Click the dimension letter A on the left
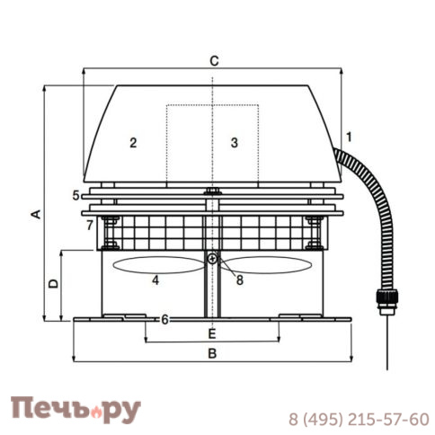point(35,213)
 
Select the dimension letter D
point(53,283)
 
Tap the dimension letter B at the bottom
point(212,353)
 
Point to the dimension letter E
point(212,333)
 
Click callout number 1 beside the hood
point(349,137)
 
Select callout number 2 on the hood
point(132,142)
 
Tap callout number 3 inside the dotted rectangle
point(234,142)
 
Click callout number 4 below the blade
point(155,280)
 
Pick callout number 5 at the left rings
point(75,194)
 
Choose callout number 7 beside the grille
point(89,225)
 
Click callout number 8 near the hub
point(240,280)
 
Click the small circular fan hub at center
point(212,260)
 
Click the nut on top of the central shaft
point(212,191)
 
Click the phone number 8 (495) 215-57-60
point(358,419)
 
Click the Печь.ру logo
point(75,410)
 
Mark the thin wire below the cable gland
point(386,346)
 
